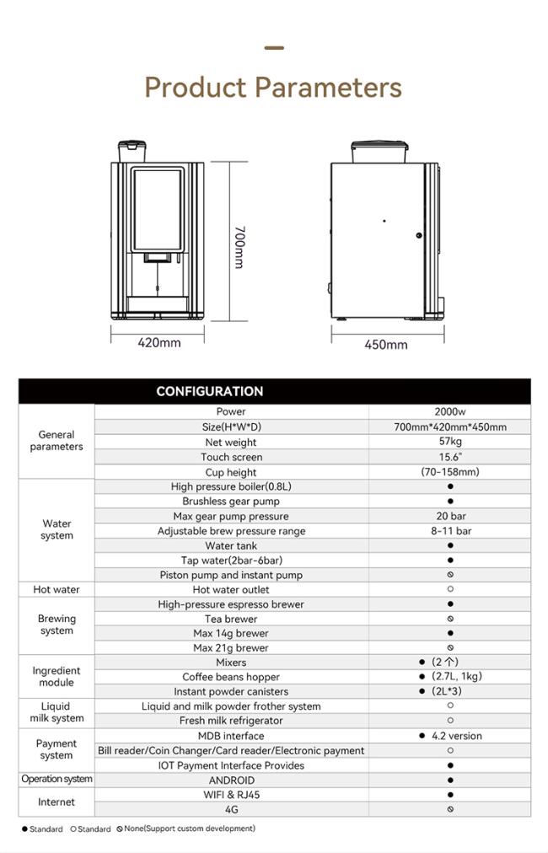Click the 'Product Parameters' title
273,88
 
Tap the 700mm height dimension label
239,246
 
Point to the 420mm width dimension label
159,342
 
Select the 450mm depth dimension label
386,344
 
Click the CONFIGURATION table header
209,391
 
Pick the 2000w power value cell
450,412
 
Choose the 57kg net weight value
450,442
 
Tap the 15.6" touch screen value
450,457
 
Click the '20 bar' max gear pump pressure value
450,517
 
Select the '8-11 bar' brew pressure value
450,531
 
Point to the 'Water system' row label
56,529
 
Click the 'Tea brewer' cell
231,619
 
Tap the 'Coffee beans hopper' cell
231,677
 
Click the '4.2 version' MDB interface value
456,736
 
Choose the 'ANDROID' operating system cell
231,780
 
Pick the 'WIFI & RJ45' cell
231,794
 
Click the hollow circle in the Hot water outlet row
450,589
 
